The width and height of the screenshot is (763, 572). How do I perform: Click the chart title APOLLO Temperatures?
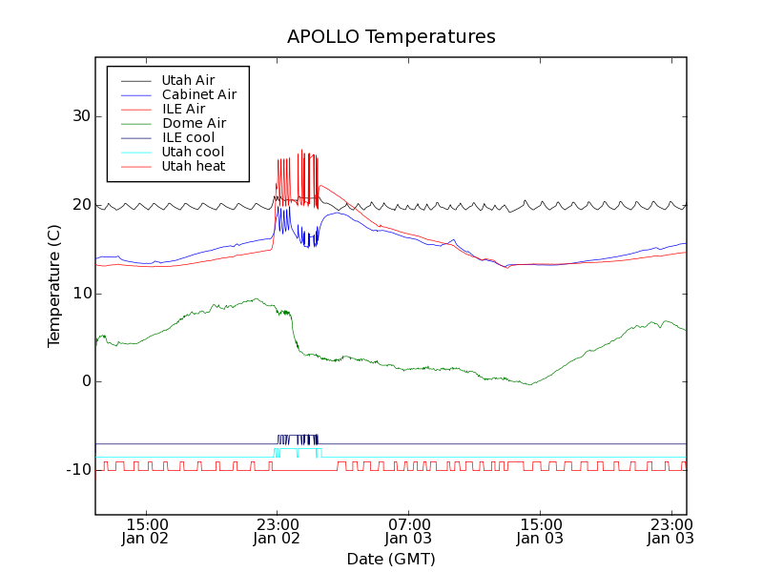[391, 37]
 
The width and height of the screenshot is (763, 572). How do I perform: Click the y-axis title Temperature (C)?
[54, 286]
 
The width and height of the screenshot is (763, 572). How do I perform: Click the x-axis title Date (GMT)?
[391, 559]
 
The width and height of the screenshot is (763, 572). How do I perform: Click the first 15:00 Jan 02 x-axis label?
[146, 530]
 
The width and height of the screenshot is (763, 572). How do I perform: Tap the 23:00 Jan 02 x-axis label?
[278, 530]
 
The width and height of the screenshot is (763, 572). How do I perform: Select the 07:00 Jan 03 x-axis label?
[409, 530]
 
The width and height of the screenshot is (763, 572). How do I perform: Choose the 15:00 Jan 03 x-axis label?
[540, 530]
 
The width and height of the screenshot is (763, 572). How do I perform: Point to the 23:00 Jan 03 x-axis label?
[670, 530]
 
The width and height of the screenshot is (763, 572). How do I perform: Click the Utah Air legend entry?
[188, 80]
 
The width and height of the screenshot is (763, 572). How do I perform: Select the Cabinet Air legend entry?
[198, 94]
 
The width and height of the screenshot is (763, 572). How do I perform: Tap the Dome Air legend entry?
[194, 123]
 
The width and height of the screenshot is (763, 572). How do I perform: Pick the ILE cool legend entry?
[188, 137]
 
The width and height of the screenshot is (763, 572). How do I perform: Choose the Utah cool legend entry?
[193, 152]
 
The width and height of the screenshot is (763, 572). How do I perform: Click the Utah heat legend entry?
[194, 166]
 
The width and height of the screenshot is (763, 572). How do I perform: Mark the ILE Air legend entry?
[183, 109]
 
